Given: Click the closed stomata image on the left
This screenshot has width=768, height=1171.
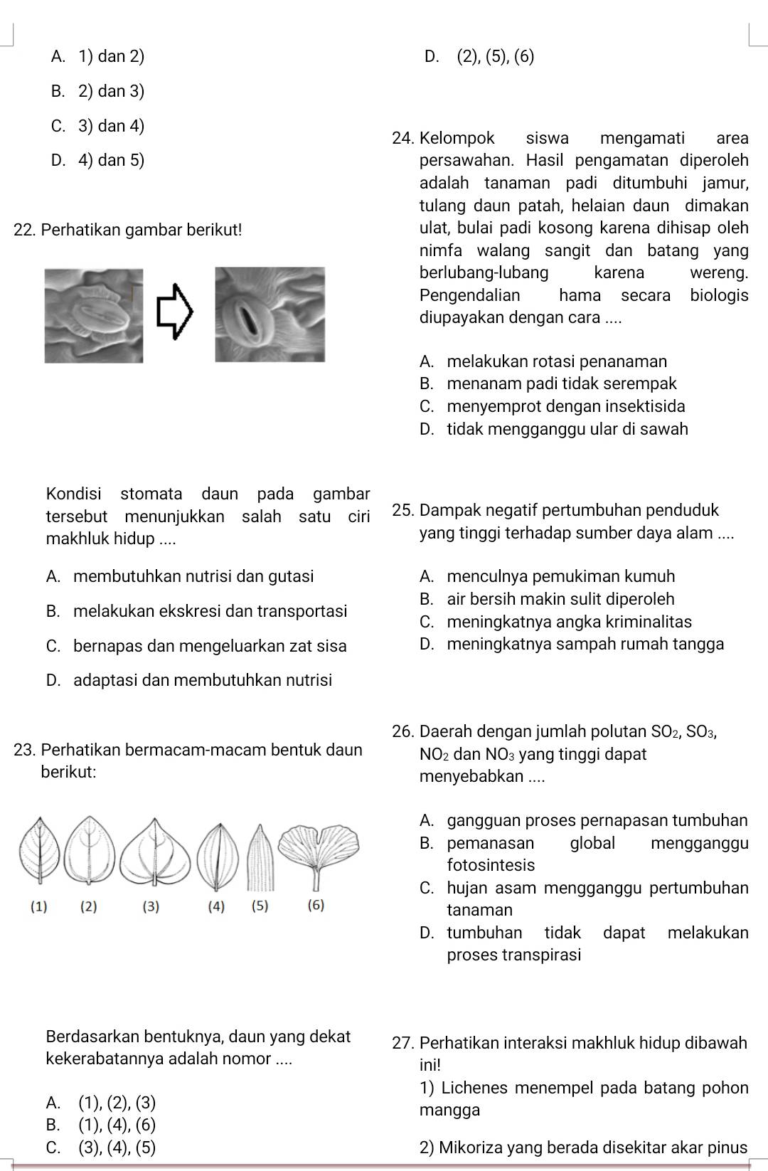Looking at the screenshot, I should pos(93,315).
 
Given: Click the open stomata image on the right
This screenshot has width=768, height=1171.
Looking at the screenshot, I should pos(270,314).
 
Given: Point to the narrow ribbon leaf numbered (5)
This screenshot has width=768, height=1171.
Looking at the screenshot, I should pos(262,857).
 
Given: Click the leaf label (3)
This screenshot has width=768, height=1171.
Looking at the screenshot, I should pos(151,906).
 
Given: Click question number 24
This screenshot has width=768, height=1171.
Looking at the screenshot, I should pos(402,137).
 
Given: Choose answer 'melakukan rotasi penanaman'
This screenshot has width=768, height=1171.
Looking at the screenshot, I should pos(558,361).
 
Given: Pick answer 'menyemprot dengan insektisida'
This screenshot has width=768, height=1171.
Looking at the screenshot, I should pos(567,407).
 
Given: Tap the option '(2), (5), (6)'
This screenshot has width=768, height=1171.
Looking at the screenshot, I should pos(496,56).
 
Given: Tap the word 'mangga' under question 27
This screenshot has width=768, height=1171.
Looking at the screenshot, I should pos(450,1110).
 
